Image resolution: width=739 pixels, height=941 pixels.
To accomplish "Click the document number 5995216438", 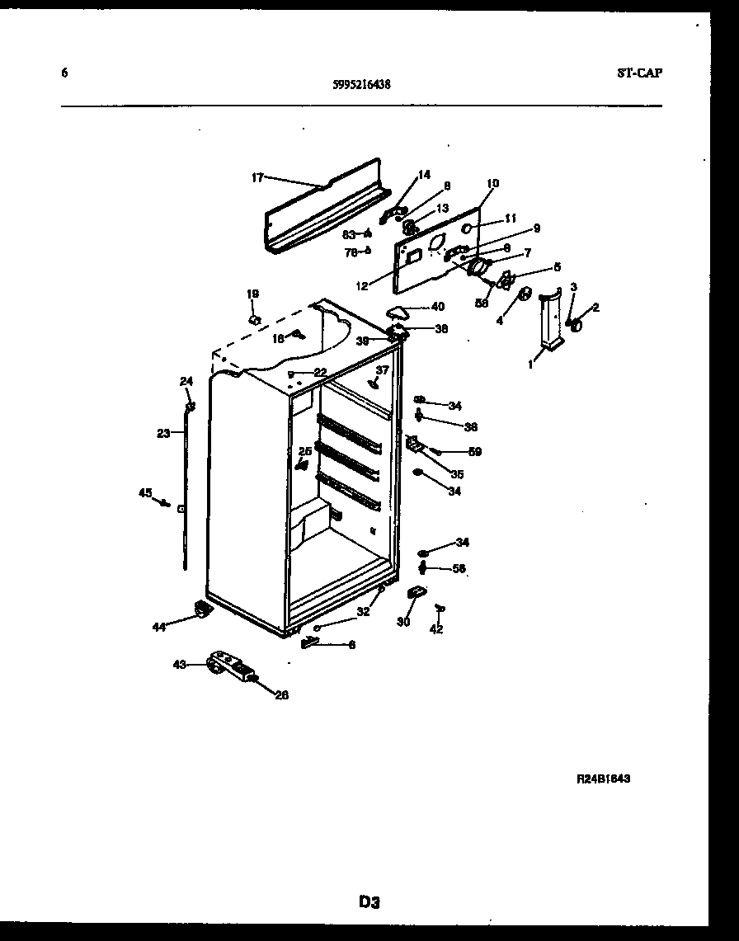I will point(362,83).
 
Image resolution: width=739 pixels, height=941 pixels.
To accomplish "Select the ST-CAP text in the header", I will point(638,73).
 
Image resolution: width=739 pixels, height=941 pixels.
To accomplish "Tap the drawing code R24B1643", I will point(604,778).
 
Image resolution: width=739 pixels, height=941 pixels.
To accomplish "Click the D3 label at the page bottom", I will point(369,902).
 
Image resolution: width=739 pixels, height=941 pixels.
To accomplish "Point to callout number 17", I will point(257,176).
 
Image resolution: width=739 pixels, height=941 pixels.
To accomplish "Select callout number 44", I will point(158,627).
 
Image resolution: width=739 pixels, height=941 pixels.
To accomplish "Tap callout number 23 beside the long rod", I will point(163,432).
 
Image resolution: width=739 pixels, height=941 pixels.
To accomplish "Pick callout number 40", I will point(436,308).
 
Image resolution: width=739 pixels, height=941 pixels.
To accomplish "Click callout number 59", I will point(475,451).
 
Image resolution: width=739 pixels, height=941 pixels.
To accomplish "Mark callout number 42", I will point(436,629).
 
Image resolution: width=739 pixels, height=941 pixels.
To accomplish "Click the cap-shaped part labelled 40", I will point(398,312).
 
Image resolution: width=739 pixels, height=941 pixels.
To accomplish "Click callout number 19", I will point(252,294).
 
